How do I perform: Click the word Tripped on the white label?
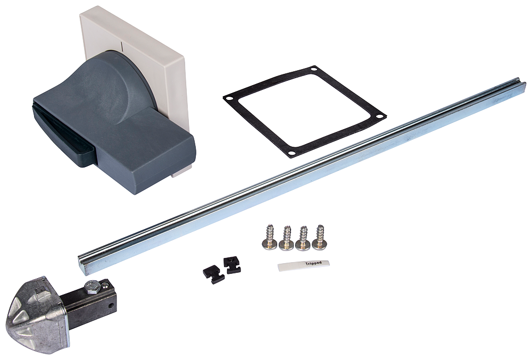click(x=313, y=263)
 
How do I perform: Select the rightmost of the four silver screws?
click(x=319, y=237)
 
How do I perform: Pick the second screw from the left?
click(x=286, y=238)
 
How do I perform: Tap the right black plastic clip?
click(x=232, y=265)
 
